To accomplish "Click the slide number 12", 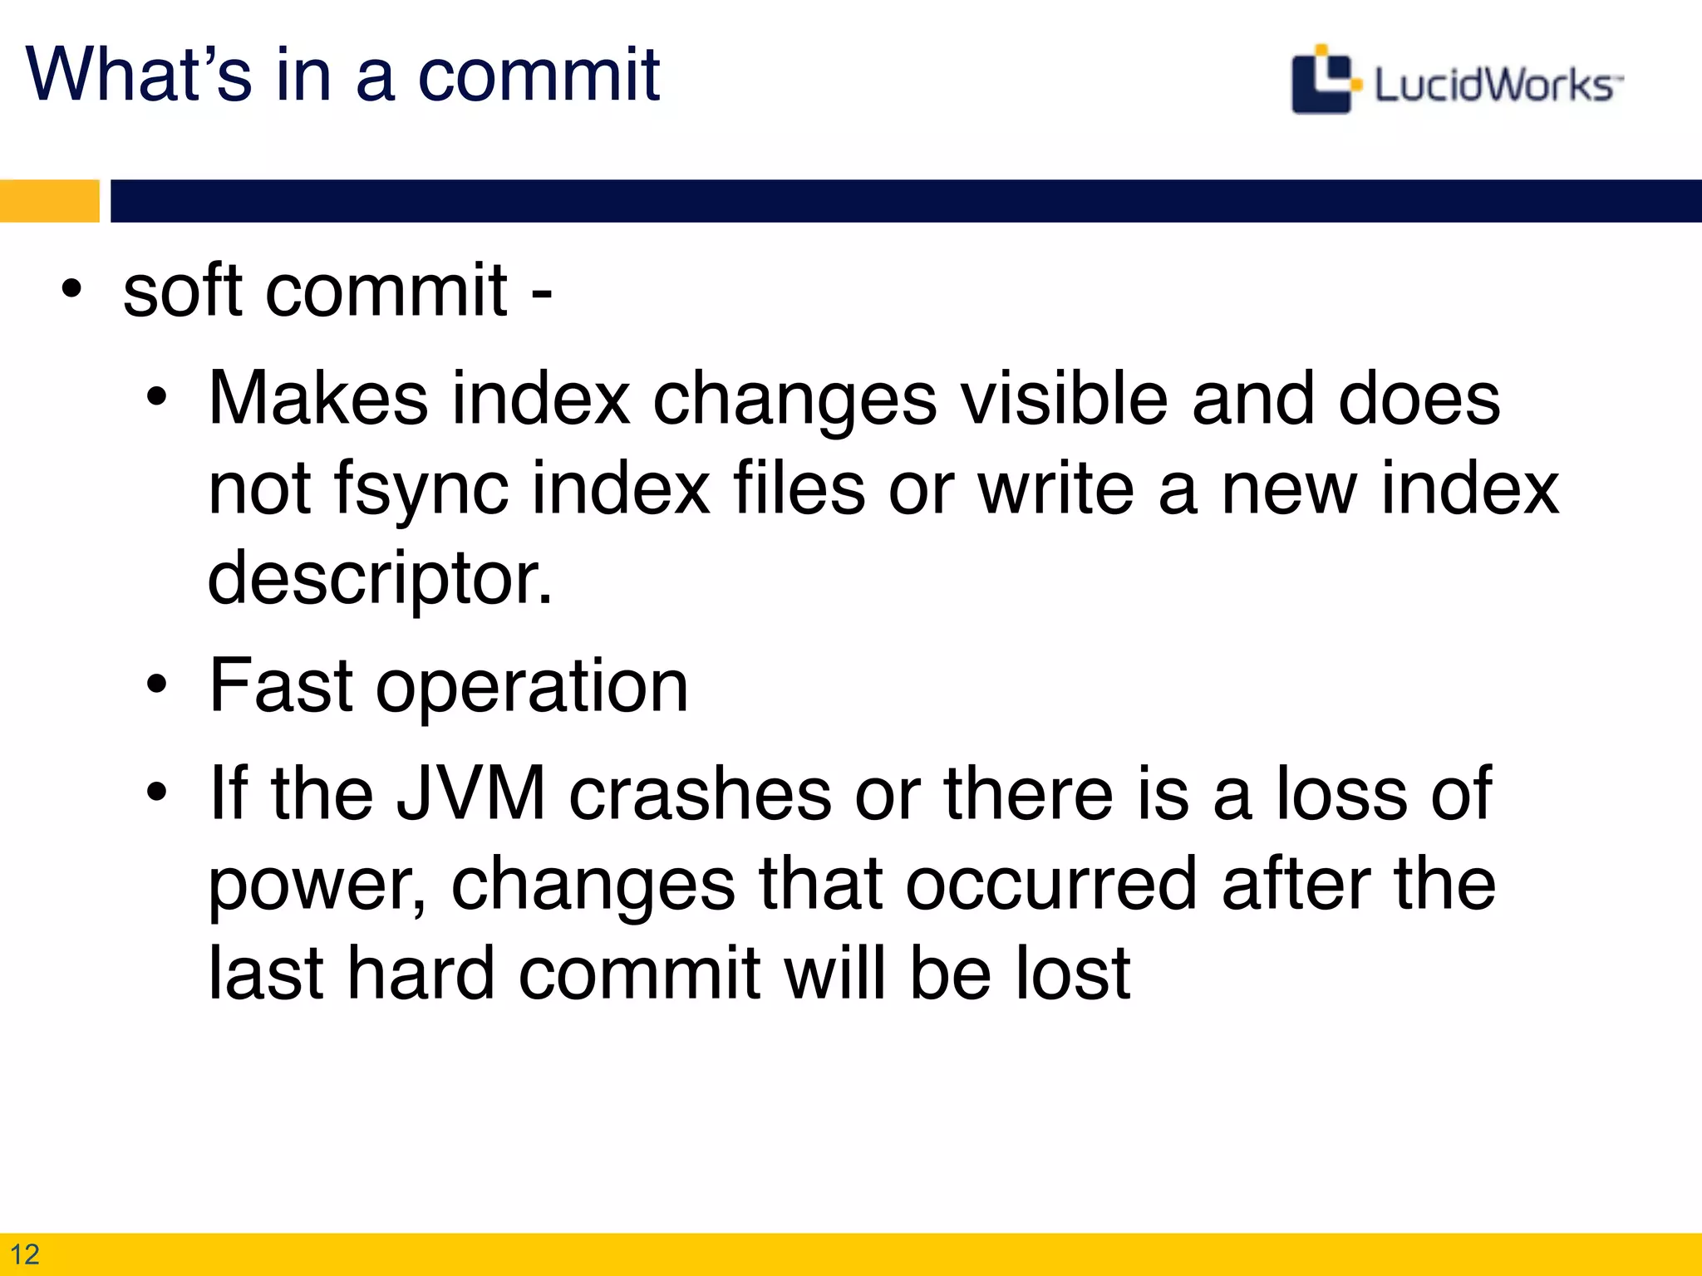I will pos(25,1254).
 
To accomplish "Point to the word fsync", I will pos(421,489).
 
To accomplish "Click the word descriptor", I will pos(379,579).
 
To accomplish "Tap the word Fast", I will pos(282,685).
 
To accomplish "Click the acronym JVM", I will pos(470,793).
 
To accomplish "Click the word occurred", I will pos(1052,883).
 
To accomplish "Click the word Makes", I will pos(318,399).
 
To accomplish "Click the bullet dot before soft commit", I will pos(72,290).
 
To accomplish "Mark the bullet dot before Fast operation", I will pos(156,686).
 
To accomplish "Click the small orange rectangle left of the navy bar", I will pos(49,201).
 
